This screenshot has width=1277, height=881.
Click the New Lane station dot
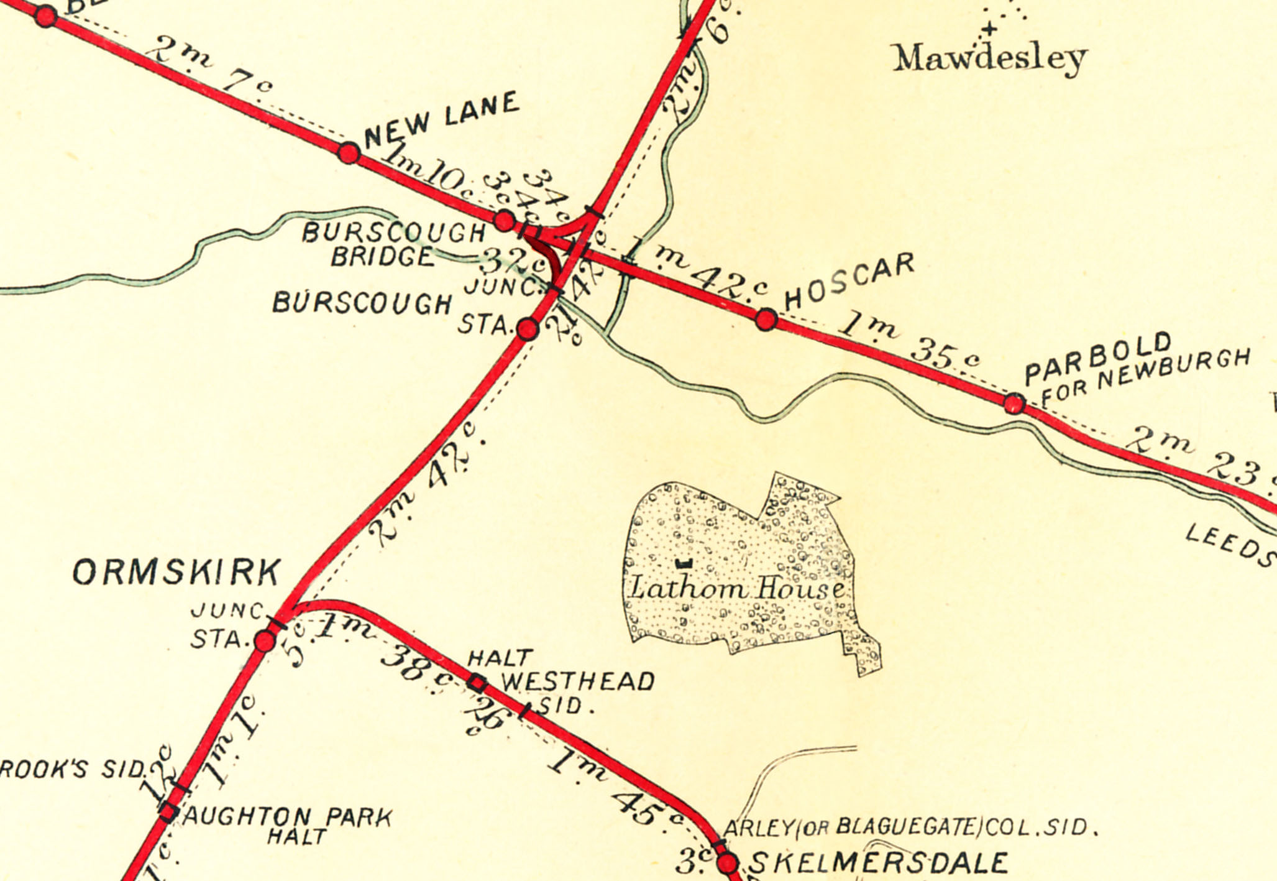point(349,152)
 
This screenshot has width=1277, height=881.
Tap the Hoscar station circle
point(766,319)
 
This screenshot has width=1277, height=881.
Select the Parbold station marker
point(1014,404)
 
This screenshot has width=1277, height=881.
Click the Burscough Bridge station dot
point(505,220)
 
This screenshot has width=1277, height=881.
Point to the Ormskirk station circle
point(265,640)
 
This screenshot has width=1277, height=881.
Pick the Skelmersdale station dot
point(728,863)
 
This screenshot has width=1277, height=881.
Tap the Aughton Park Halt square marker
point(168,812)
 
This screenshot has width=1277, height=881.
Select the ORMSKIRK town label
point(177,573)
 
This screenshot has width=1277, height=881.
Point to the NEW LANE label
point(442,120)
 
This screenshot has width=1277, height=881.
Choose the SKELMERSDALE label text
point(878,863)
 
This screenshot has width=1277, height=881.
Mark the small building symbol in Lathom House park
point(684,563)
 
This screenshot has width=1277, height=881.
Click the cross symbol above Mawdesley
point(990,29)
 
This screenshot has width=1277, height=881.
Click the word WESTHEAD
point(578,682)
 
